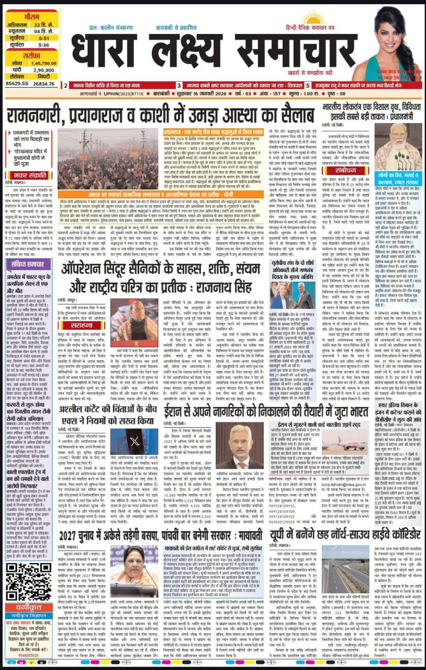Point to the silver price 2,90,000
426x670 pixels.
click(x=45, y=70)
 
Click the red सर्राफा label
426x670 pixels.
click(x=31, y=54)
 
